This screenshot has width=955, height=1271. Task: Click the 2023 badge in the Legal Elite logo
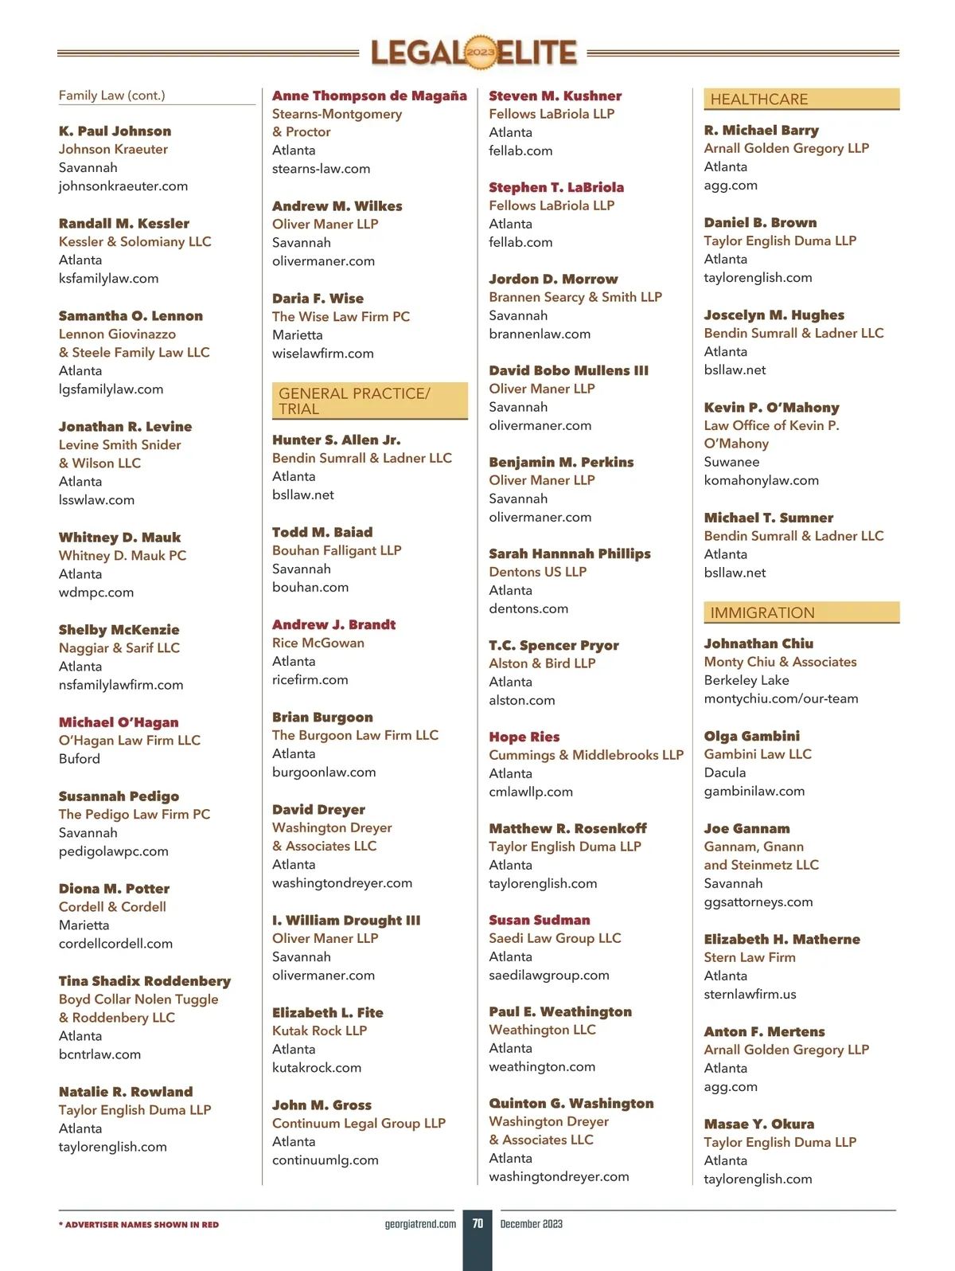pyautogui.click(x=480, y=53)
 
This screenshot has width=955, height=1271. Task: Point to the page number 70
pyautogui.click(x=477, y=1223)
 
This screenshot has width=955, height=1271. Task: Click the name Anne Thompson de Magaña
pyautogui.click(x=369, y=96)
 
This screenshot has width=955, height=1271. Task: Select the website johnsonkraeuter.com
pyautogui.click(x=123, y=186)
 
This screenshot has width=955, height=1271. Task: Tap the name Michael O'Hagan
pyautogui.click(x=119, y=722)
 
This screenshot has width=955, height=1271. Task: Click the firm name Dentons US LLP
pyautogui.click(x=537, y=572)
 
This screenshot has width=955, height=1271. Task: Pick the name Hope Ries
pyautogui.click(x=524, y=737)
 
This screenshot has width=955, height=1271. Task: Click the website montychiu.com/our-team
pyautogui.click(x=781, y=698)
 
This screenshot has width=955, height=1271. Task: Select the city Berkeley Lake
pyautogui.click(x=746, y=680)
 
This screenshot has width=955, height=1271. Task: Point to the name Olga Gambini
pyautogui.click(x=751, y=736)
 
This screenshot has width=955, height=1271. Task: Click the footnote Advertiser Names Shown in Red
pyautogui.click(x=138, y=1225)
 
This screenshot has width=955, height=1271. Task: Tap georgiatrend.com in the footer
pyautogui.click(x=420, y=1224)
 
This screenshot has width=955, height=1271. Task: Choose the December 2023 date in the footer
pyautogui.click(x=531, y=1224)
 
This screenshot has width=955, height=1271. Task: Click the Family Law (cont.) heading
pyautogui.click(x=112, y=96)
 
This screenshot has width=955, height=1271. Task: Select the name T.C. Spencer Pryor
pyautogui.click(x=553, y=645)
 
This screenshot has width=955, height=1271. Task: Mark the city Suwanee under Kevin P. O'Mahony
pyautogui.click(x=731, y=462)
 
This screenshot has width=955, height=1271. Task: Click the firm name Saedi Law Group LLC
pyautogui.click(x=555, y=938)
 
